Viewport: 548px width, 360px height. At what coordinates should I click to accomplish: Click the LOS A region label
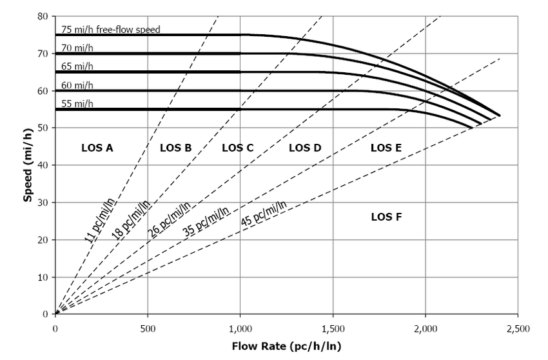[97, 148]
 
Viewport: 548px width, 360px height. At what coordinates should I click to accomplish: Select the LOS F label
[387, 217]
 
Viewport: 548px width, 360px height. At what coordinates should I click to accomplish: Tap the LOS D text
[305, 148]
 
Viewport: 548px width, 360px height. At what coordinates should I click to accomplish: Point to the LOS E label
[386, 148]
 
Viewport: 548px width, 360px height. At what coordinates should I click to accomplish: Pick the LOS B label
[175, 148]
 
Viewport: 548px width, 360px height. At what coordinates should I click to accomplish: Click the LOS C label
[238, 148]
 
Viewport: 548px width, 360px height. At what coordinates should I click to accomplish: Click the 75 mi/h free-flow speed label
[111, 30]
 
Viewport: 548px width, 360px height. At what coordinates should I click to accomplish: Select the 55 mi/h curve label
[77, 104]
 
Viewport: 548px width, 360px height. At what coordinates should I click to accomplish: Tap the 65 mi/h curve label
[77, 66]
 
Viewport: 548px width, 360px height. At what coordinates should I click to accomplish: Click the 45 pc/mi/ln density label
[264, 214]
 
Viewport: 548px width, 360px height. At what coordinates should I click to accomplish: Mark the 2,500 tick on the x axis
[518, 329]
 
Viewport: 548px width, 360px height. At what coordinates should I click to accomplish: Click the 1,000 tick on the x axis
[240, 329]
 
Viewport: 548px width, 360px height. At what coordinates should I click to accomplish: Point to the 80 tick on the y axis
[43, 16]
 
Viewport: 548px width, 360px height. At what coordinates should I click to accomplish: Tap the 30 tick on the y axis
[43, 203]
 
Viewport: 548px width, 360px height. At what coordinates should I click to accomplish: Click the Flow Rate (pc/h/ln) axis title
[287, 346]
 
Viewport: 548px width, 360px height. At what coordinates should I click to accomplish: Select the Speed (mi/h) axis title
[28, 165]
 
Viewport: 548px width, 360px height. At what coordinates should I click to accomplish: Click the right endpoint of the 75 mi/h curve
[500, 115]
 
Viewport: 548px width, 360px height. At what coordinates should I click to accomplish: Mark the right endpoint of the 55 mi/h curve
[472, 128]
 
